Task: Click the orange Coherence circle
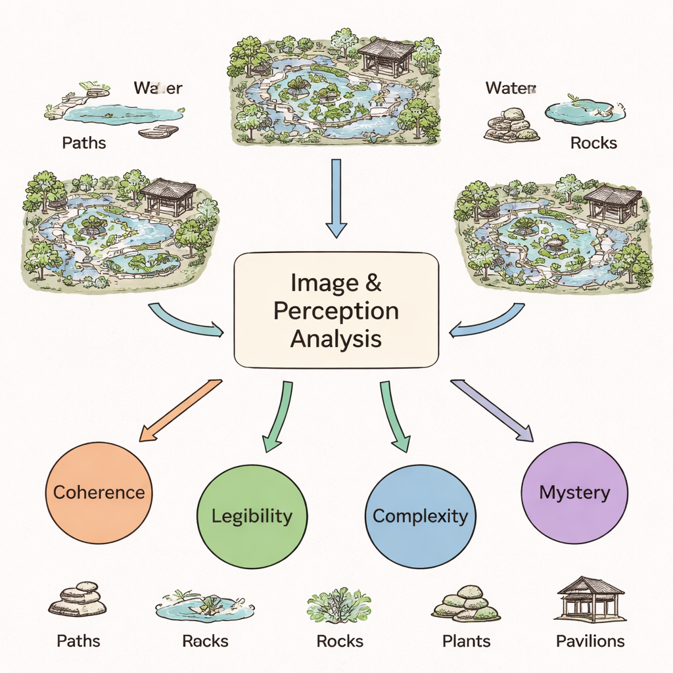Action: (99, 492)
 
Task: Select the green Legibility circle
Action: (252, 516)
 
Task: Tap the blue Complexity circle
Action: (420, 516)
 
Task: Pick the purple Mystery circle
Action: (574, 492)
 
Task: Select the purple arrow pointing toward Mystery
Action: (492, 409)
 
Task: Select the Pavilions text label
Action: (590, 641)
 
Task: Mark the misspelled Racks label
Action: (205, 641)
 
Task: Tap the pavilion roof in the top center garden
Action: (386, 49)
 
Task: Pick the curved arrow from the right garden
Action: (488, 321)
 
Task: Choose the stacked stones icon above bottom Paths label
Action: (78, 599)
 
